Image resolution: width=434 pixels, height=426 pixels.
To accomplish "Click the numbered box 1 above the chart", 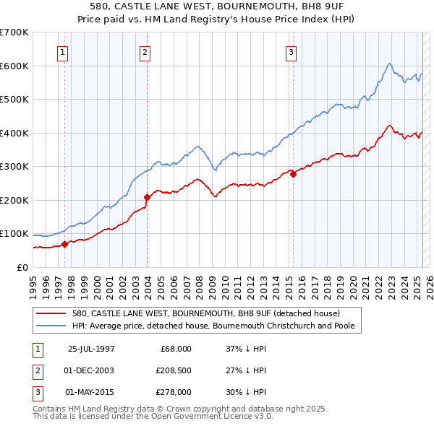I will [x=63, y=51].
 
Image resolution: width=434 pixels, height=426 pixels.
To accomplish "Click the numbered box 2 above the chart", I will [x=145, y=51].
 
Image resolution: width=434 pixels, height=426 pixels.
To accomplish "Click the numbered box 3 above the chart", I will [x=291, y=51].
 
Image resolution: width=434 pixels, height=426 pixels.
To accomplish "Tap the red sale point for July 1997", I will [x=64, y=244].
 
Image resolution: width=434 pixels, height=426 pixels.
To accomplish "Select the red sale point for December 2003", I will [x=147, y=196].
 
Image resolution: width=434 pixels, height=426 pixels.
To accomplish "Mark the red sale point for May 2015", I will [x=293, y=173].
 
